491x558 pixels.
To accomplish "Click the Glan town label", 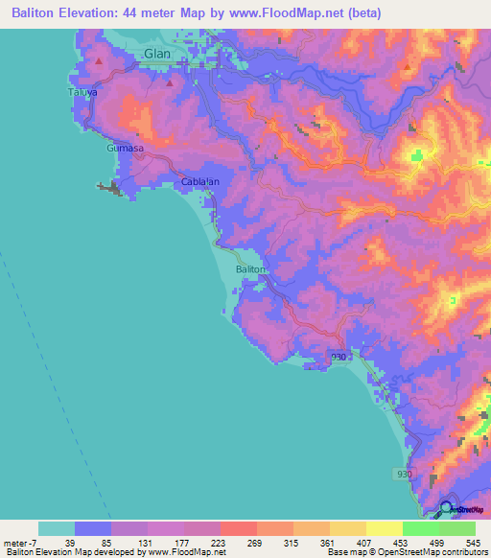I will pos(156,54).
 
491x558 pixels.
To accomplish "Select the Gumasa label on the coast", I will pos(125,150).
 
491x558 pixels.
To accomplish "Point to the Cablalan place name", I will pos(200,181).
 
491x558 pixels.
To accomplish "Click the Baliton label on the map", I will pos(250,270).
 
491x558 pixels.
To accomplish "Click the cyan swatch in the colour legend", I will pos(57,528).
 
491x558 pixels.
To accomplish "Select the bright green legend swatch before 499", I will pos(420,528).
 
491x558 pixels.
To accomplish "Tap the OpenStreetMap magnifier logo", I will pos(446,508).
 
